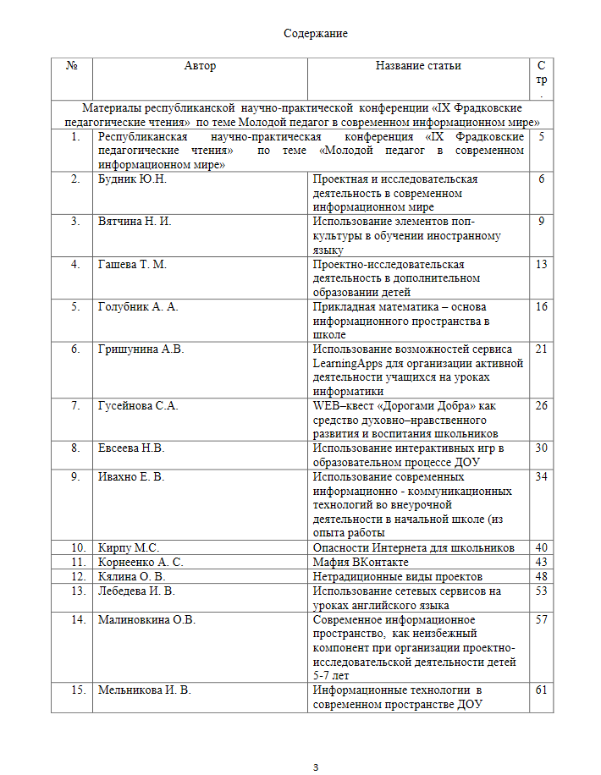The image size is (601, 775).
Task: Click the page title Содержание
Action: tap(315, 34)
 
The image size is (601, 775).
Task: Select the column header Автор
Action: tap(200, 66)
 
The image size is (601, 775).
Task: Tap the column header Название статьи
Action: tap(418, 66)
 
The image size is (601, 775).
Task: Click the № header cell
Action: tap(72, 66)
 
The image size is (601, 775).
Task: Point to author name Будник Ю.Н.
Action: tap(132, 179)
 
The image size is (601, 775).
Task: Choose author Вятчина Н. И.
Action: tap(135, 222)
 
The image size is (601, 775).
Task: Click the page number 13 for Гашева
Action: tap(542, 264)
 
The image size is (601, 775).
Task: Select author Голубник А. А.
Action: tap(138, 306)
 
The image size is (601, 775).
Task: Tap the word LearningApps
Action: tap(346, 363)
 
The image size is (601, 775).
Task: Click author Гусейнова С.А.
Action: tap(138, 405)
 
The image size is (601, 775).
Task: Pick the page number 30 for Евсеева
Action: tap(542, 448)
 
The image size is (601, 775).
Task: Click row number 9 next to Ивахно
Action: tap(75, 476)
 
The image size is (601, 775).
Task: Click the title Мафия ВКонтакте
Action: tap(361, 562)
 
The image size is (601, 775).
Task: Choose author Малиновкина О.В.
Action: tap(146, 619)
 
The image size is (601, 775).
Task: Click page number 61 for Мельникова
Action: tap(542, 690)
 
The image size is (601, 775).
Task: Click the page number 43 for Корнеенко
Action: tap(542, 562)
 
